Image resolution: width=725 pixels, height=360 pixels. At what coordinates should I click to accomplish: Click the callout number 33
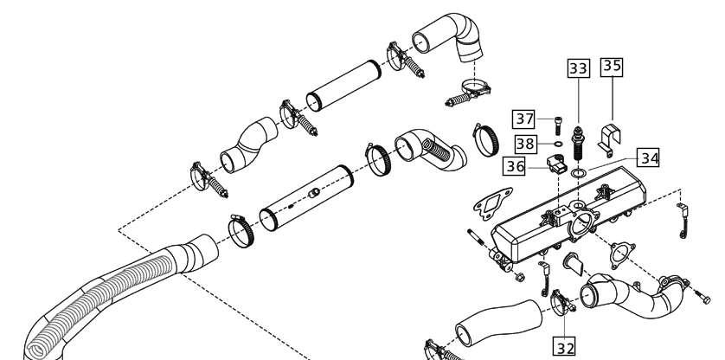[x=579, y=68]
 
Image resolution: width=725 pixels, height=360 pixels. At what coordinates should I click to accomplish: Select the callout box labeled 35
[x=612, y=67]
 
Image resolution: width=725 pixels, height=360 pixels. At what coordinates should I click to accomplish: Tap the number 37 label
[x=524, y=119]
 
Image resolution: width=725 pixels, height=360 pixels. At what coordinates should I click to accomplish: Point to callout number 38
[x=525, y=144]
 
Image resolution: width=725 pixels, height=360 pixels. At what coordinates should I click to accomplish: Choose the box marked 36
[x=514, y=166]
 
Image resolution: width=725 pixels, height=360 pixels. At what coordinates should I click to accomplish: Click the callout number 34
[x=648, y=158]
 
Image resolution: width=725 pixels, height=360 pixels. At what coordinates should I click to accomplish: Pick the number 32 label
[x=565, y=347]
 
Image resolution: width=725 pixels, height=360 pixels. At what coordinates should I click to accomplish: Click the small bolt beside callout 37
[x=558, y=125]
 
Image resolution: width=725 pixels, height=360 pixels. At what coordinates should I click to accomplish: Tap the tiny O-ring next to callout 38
[x=558, y=145]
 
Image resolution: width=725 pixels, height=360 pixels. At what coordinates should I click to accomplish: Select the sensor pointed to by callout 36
[x=555, y=164]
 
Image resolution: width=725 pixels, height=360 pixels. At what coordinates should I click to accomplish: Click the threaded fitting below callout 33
[x=578, y=144]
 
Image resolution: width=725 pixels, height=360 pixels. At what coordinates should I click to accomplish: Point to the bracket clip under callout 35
[x=609, y=139]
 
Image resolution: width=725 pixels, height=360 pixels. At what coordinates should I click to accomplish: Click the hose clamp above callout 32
[x=561, y=302]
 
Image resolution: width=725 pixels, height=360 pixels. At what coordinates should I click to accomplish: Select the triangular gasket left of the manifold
[x=493, y=202]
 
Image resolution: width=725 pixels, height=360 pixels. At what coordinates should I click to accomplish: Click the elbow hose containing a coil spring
[x=431, y=150]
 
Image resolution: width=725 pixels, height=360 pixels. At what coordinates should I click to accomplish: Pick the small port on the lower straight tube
[x=315, y=192]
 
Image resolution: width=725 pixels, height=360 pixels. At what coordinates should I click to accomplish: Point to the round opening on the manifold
[x=581, y=222]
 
